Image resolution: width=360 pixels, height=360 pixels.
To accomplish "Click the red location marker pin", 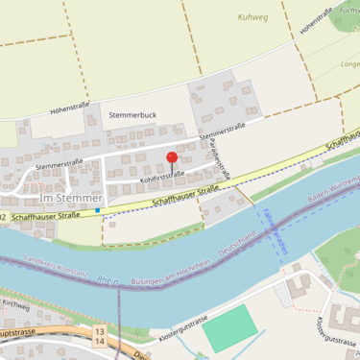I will pyautogui.click(x=172, y=157).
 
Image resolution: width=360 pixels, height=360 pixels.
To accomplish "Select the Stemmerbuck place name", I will pyautogui.click(x=132, y=114).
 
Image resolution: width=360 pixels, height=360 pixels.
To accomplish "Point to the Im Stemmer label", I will pyautogui.click(x=71, y=198).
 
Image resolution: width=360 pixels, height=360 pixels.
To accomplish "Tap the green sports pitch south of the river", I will pyautogui.click(x=230, y=327).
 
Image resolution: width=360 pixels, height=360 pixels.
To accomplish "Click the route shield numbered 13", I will pyautogui.click(x=99, y=330).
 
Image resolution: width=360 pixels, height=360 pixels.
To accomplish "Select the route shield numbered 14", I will pyautogui.click(x=99, y=341).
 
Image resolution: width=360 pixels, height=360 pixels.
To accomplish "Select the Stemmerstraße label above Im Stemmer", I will pyautogui.click(x=59, y=165).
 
